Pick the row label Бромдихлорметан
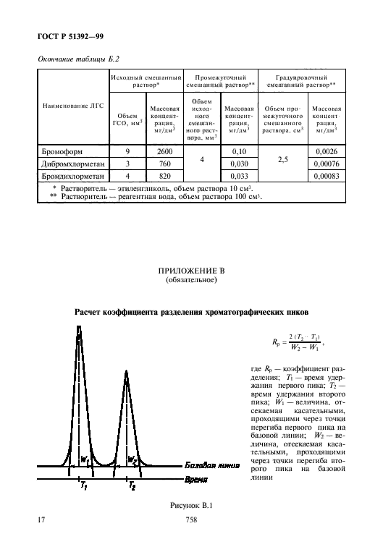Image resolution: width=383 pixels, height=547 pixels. [x=70, y=176]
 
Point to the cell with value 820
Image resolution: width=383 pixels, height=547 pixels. [x=164, y=176]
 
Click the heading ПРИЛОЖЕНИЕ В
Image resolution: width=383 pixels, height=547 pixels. [x=191, y=271]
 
